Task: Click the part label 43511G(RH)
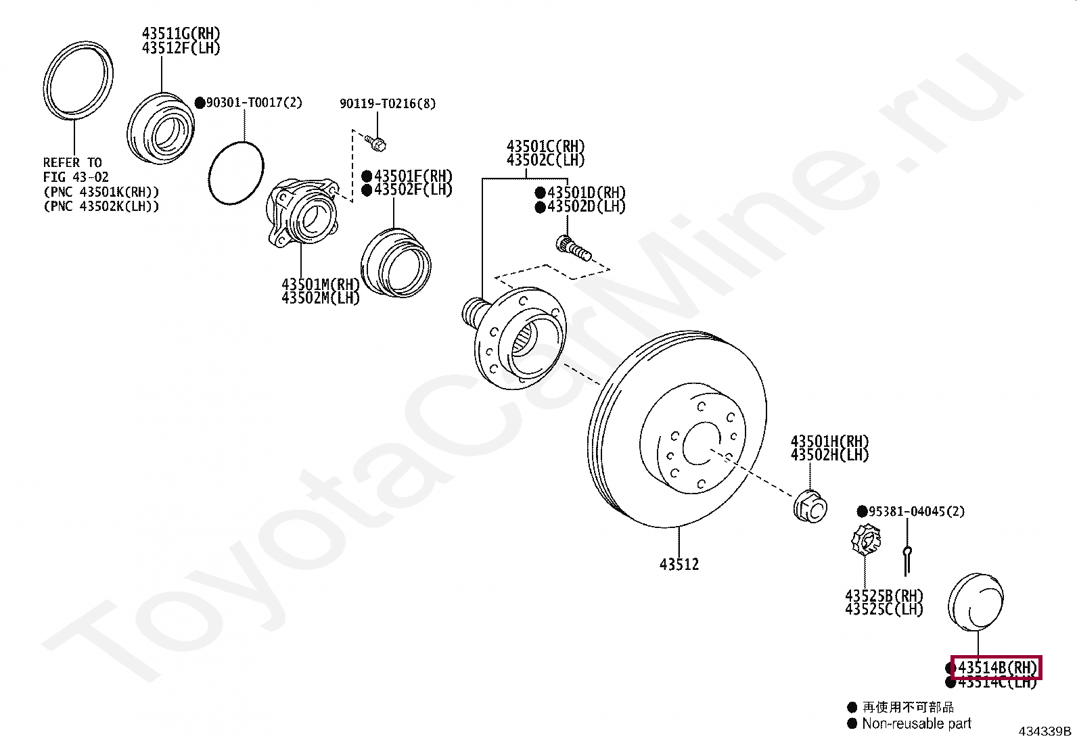coord(181,33)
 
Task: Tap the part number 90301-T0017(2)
coord(254,103)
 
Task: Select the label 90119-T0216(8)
coord(387,103)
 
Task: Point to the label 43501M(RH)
coord(320,284)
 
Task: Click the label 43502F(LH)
coord(413,190)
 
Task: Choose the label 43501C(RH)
coord(545,146)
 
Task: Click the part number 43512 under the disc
coord(679,564)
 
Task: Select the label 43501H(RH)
coord(829,441)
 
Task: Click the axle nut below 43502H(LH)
coord(810,504)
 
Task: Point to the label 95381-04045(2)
coord(916,511)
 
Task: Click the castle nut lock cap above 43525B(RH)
coord(865,540)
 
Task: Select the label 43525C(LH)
coord(884,609)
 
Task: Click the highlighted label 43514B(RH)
coord(996,667)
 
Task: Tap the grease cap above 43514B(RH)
coord(976,602)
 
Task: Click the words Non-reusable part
coord(916,723)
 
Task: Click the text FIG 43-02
coord(76,177)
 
